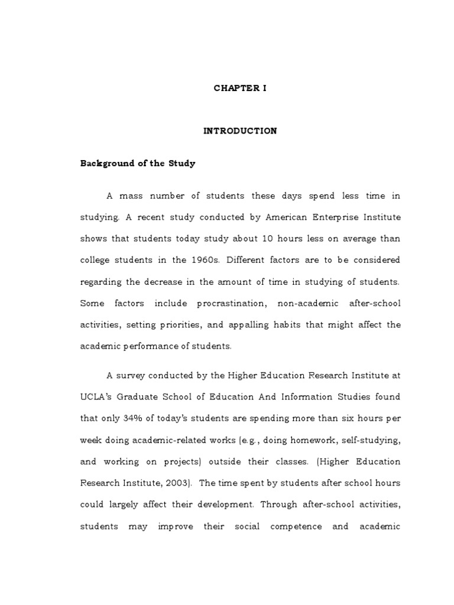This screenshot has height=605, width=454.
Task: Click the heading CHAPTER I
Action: (x=240, y=88)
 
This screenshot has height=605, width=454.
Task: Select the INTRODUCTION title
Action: (x=240, y=131)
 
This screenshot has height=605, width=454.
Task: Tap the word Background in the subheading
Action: (x=104, y=164)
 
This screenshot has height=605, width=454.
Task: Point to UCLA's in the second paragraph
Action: (x=94, y=397)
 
